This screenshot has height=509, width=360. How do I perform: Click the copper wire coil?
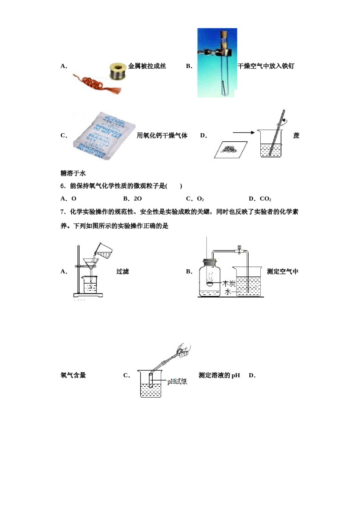tap(95, 84)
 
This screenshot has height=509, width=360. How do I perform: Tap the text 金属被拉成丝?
tap(147, 66)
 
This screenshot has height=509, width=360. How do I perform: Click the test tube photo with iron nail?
tap(217, 62)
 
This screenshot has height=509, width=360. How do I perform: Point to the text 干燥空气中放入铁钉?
tap(266, 66)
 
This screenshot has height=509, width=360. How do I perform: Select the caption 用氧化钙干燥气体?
tap(162, 136)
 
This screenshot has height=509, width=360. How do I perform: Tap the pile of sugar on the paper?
tap(230, 149)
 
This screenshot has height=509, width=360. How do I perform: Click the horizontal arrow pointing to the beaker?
tap(243, 133)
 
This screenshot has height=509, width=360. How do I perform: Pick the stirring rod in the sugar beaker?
tap(277, 133)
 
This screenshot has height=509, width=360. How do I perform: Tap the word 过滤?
tap(122, 271)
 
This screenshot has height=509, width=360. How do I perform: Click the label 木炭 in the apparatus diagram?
tap(229, 284)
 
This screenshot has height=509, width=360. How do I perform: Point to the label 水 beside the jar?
tap(227, 292)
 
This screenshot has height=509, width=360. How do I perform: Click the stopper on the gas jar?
tap(210, 262)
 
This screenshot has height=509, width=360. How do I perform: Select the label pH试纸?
tap(177, 382)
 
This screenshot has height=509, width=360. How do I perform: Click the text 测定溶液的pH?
tap(219, 375)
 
